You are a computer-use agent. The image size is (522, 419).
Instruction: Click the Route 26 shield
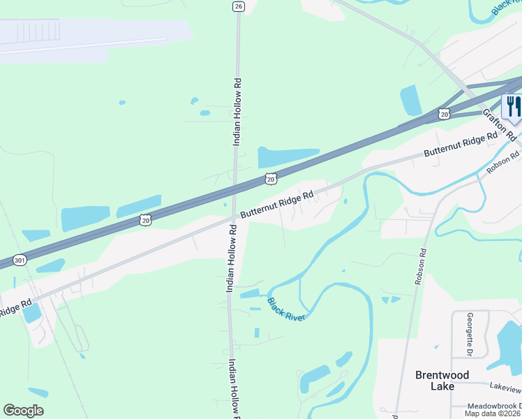239,6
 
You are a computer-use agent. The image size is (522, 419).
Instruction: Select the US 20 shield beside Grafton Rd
444,113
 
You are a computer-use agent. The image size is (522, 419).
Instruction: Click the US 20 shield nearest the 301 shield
144,219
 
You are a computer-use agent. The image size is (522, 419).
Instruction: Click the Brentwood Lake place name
443,380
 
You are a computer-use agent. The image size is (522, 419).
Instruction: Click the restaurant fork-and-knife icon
513,107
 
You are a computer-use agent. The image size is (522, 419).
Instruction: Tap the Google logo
23,411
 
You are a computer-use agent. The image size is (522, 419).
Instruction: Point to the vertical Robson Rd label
420,266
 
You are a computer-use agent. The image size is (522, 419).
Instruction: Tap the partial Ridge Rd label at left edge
15,308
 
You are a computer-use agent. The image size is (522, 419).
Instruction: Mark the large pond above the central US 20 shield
288,156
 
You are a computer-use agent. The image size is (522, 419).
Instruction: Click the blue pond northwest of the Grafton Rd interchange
411,100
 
